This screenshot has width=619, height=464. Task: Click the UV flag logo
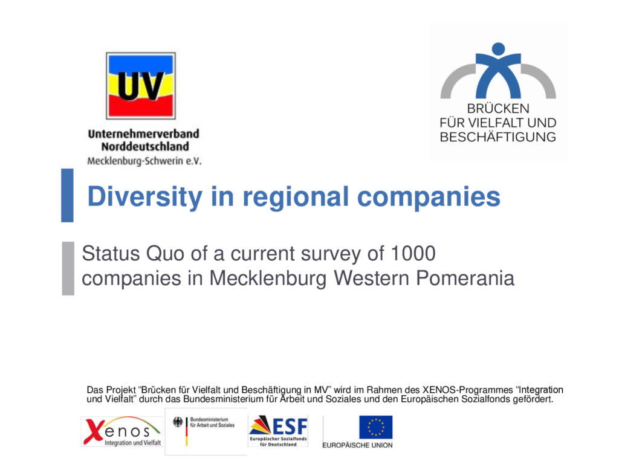tap(141, 86)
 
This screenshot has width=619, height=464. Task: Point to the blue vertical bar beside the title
tap(67, 195)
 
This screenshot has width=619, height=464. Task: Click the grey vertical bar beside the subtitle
tap(68, 268)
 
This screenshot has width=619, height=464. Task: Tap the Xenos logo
tap(122, 431)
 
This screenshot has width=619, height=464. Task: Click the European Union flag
tap(375, 427)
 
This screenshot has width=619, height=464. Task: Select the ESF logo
tap(279, 430)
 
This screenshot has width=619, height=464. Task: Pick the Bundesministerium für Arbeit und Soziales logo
tap(206, 431)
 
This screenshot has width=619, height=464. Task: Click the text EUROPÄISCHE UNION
tap(357, 445)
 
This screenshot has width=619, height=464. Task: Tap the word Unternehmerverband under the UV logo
tap(143, 134)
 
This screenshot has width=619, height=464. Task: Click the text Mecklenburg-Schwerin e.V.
tap(144, 161)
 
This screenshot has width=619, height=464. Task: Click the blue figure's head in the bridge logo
tap(498, 48)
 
